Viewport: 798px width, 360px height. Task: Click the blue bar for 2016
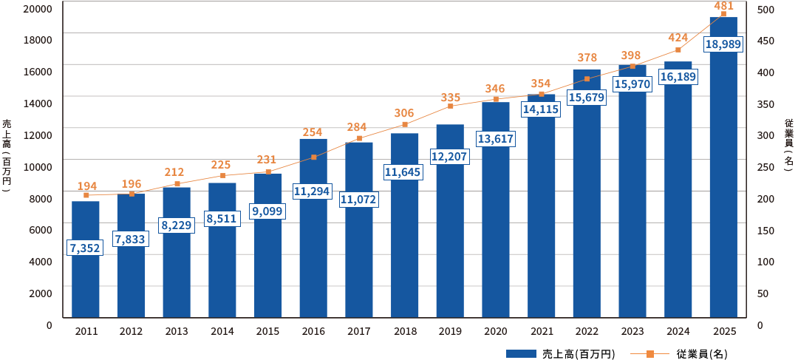pyautogui.click(x=313, y=228)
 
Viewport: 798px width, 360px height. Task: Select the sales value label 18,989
pyautogui.click(x=723, y=44)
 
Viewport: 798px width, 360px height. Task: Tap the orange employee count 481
pyautogui.click(x=723, y=6)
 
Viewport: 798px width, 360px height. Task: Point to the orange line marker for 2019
pyautogui.click(x=451, y=106)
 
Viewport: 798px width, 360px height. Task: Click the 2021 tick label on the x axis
pyautogui.click(x=541, y=331)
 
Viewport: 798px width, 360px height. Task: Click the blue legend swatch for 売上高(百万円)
pyautogui.click(x=522, y=353)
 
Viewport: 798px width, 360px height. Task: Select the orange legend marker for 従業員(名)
pyautogui.click(x=650, y=353)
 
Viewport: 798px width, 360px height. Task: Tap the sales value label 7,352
pyautogui.click(x=84, y=248)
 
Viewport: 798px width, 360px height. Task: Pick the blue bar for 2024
pyautogui.click(x=678, y=189)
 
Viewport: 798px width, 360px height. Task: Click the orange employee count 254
pyautogui.click(x=313, y=132)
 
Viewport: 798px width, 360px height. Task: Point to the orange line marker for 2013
pyautogui.click(x=177, y=184)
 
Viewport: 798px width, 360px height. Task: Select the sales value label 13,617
pyautogui.click(x=495, y=138)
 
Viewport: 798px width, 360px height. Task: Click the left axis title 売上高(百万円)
pyautogui.click(x=6, y=155)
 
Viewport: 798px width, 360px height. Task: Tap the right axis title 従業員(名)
pyautogui.click(x=789, y=148)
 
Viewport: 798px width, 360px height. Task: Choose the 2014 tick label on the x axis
pyautogui.click(x=222, y=331)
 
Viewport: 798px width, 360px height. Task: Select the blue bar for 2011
pyautogui.click(x=86, y=259)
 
